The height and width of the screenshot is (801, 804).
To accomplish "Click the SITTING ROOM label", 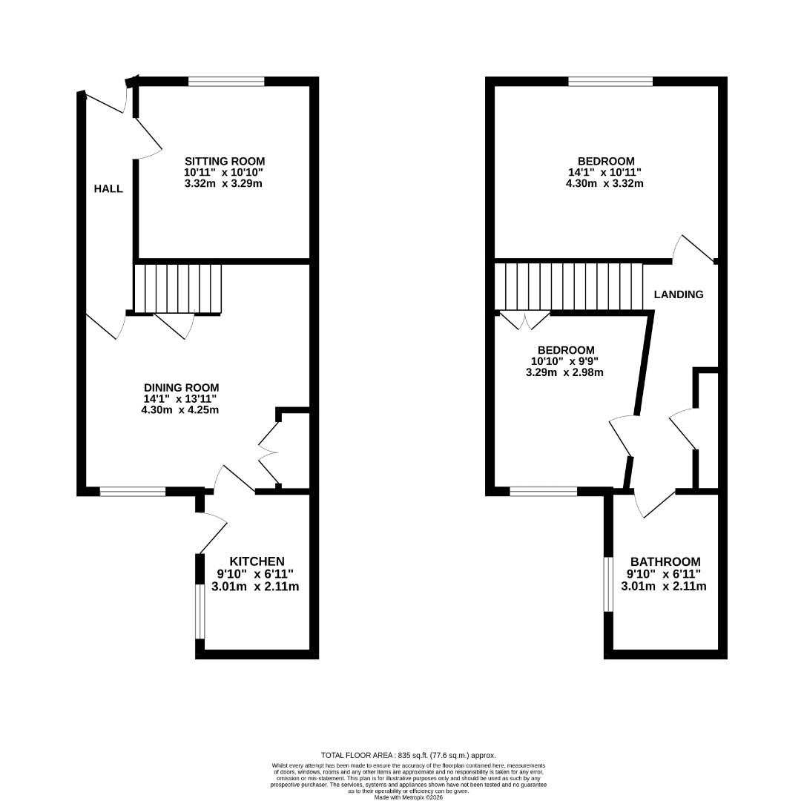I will (x=225, y=161).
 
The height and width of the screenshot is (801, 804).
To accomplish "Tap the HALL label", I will (x=108, y=189).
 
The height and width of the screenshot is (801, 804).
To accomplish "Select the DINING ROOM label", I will (x=182, y=387).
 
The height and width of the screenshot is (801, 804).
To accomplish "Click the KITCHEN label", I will (x=257, y=561).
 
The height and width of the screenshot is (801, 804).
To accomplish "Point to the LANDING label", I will (x=679, y=294).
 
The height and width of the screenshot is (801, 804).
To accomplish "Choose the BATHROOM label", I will (x=665, y=561).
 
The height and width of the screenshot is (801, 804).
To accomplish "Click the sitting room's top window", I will (x=226, y=82).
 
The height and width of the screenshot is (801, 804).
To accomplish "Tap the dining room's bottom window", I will (x=133, y=491).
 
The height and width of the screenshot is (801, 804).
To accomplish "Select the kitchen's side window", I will (x=200, y=611).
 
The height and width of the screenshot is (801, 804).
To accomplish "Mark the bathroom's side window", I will (x=608, y=584).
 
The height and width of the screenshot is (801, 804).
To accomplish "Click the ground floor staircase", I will (x=178, y=288).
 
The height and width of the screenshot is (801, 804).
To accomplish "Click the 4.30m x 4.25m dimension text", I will (x=180, y=409).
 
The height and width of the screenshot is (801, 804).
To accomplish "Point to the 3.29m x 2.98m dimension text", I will (x=564, y=372).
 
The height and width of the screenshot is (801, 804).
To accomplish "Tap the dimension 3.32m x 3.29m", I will (x=223, y=183).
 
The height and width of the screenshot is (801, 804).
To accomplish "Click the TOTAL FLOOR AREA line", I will (x=408, y=755).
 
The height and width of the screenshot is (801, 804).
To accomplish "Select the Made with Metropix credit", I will (x=408, y=797).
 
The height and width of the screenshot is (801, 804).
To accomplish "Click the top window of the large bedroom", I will (x=610, y=82).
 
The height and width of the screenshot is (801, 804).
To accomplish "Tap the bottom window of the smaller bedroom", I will (x=543, y=491).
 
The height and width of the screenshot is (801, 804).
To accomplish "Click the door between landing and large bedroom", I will (x=693, y=249).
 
